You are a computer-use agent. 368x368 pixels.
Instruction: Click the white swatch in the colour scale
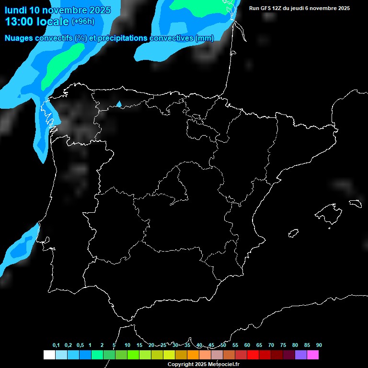point(49,355)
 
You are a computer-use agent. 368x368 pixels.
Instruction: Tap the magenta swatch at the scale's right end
point(313,355)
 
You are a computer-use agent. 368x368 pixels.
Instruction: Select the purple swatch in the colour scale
point(301,355)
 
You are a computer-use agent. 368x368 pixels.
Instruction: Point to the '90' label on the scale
point(319,345)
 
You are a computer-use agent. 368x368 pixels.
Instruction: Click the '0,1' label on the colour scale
point(56,345)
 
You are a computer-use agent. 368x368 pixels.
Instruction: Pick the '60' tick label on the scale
point(247,345)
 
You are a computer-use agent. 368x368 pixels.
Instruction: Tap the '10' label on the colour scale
point(127,345)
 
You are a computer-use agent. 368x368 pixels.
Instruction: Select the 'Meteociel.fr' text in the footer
point(224,365)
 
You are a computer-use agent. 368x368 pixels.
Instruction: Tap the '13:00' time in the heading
point(19,22)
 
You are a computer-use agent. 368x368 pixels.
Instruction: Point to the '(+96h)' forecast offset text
point(83,22)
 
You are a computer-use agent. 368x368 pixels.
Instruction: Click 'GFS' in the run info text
point(266,8)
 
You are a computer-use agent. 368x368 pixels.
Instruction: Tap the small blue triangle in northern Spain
point(119,104)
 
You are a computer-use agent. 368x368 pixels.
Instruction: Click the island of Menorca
point(355,203)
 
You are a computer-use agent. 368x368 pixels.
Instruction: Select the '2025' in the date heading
point(98,10)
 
